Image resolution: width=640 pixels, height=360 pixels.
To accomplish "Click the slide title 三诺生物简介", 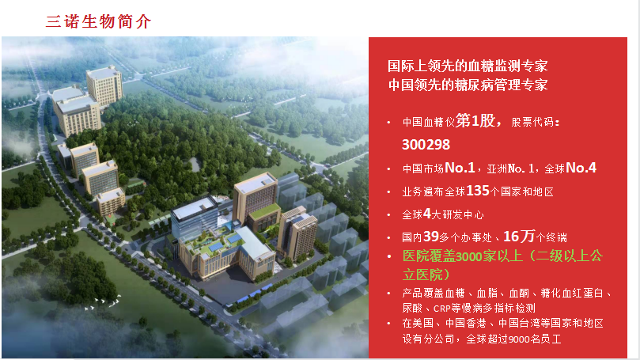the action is tap(98, 21).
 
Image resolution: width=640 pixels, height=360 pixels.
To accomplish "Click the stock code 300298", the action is tap(426, 145).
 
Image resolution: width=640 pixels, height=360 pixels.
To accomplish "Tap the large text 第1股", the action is tap(476, 121).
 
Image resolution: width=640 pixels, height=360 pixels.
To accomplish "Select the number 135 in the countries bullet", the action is tap(478, 191).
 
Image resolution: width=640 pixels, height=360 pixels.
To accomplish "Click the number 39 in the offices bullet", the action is tap(431, 237).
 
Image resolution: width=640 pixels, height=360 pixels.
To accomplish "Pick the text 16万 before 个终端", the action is tap(519, 236).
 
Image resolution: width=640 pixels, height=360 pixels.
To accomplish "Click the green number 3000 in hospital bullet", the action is tap(468, 256).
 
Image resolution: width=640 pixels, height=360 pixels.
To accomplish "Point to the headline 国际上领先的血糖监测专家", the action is tap(468, 66).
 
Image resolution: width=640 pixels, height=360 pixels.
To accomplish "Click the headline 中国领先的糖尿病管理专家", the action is tap(468, 85).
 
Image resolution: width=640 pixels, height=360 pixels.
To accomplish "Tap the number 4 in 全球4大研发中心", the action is tap(427, 214).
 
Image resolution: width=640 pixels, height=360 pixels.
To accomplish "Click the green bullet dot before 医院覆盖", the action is tap(389, 256).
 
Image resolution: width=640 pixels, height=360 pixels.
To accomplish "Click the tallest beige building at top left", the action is tap(104, 85).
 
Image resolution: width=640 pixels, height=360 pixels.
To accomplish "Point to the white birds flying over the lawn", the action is tap(103, 302).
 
